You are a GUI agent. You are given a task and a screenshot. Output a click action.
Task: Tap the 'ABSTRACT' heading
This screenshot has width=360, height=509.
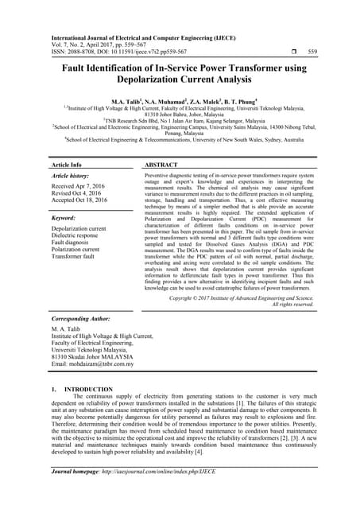coord(165,164)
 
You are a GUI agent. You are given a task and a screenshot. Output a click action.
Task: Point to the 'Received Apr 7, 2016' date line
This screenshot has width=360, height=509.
coord(83,187)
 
